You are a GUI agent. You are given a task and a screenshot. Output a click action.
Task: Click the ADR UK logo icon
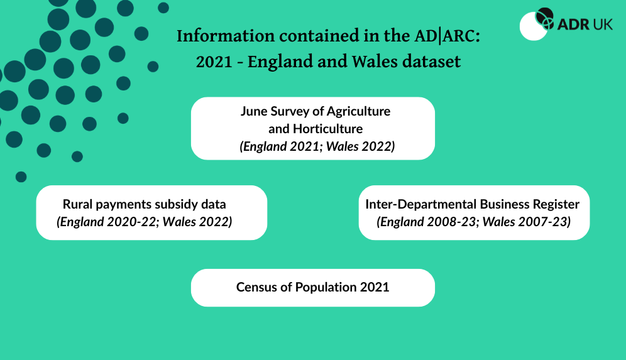tap(538, 24)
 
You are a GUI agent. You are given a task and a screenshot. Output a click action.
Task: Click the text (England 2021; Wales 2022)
tap(317, 146)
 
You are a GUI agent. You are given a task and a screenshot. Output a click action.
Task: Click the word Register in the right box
tap(555, 204)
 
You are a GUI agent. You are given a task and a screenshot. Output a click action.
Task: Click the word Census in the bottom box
tap(256, 287)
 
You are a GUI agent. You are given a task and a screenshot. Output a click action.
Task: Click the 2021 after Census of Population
tap(375, 287)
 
